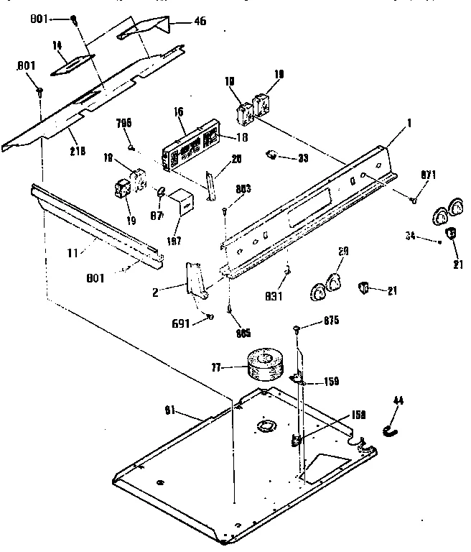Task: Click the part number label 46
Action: pyautogui.click(x=199, y=21)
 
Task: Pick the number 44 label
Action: pyautogui.click(x=398, y=400)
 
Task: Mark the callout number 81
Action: pyautogui.click(x=169, y=410)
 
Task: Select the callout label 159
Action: pyautogui.click(x=331, y=382)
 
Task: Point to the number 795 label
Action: pyautogui.click(x=124, y=123)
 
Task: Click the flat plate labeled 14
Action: pyautogui.click(x=71, y=65)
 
